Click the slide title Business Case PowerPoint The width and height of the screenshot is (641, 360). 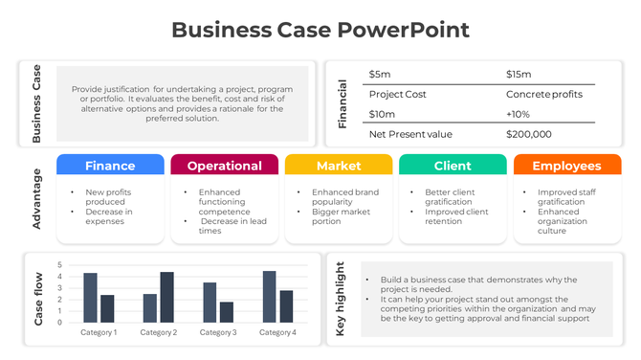point(320,30)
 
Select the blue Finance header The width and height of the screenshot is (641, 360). point(110,166)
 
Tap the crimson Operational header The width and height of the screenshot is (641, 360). point(224,166)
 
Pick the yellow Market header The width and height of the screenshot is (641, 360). point(339,166)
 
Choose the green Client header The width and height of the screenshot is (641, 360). point(453,166)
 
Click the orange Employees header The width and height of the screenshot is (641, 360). point(566,166)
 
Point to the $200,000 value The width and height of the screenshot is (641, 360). point(528,134)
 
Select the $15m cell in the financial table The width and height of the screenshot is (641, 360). point(518,74)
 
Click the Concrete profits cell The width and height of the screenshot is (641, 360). point(543,94)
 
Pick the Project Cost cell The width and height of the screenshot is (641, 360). point(397,94)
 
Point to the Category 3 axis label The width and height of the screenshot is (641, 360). point(218,332)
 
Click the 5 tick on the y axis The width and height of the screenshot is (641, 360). point(59,265)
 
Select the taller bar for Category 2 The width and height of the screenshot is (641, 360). point(166,297)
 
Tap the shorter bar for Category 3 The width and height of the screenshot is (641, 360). point(227,312)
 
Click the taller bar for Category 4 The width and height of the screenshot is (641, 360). point(269,296)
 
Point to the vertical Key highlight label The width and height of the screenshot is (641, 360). point(340,300)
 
